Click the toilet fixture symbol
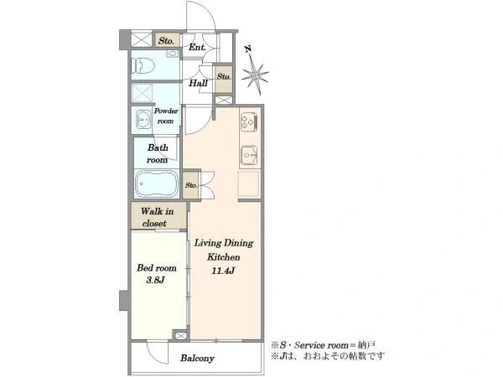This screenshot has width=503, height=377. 143,66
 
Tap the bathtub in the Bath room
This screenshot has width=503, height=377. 156,183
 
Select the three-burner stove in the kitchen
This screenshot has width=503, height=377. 249,121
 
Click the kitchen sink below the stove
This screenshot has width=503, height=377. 249,156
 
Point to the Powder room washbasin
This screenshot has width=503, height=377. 143,120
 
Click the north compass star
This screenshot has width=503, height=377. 255,75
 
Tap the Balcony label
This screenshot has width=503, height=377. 197,358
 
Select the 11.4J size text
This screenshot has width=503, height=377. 223,271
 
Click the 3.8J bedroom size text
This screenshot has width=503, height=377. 155,280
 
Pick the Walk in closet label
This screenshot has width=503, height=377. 157,217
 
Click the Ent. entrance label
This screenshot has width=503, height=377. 197,48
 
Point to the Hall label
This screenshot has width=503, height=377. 198,83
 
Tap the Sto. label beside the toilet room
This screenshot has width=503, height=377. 166,41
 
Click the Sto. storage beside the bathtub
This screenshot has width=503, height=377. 191,185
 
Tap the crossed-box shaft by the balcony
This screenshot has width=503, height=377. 180,336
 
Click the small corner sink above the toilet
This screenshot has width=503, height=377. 173,54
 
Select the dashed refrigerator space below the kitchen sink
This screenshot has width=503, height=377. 248,184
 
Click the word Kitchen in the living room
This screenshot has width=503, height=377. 223,257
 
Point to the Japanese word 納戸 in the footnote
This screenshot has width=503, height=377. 366,345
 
